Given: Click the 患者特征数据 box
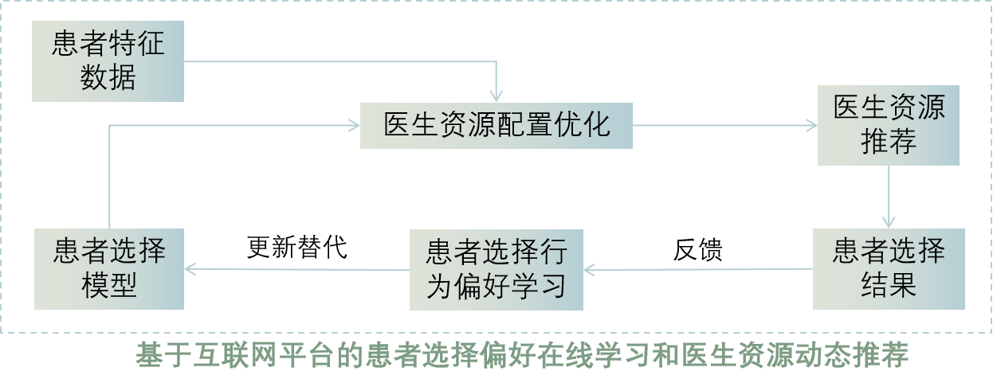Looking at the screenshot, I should [108, 61].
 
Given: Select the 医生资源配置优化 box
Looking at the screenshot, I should [496, 126].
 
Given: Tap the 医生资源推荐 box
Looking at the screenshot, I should [889, 126].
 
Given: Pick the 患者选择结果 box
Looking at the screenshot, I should [889, 268].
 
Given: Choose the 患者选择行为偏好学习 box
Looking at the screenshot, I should [496, 269].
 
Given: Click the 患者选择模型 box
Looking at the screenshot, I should [109, 269].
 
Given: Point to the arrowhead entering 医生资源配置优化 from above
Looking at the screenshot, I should [496, 97].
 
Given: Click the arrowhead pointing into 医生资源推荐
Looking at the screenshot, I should [812, 126].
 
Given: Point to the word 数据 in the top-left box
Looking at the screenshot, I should [108, 78].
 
